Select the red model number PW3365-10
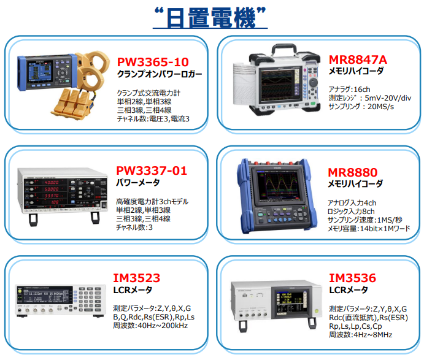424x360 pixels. (x=153, y=62)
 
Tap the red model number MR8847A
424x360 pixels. (x=358, y=59)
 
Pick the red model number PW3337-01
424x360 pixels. (x=152, y=171)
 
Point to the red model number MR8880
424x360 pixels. (x=352, y=172)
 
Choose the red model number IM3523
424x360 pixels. (x=137, y=278)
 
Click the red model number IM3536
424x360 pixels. (x=352, y=278)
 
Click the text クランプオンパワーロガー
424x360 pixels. (x=160, y=74)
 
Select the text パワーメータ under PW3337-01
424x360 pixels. (x=137, y=183)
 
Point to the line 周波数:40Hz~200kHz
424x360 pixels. (x=150, y=326)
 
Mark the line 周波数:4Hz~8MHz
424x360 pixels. (x=360, y=335)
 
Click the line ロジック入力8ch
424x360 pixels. (x=351, y=212)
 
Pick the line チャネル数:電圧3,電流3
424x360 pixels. (x=153, y=119)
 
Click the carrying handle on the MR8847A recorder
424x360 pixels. (x=283, y=49)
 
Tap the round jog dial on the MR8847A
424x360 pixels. (x=313, y=82)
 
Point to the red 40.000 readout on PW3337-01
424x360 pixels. (x=52, y=182)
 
